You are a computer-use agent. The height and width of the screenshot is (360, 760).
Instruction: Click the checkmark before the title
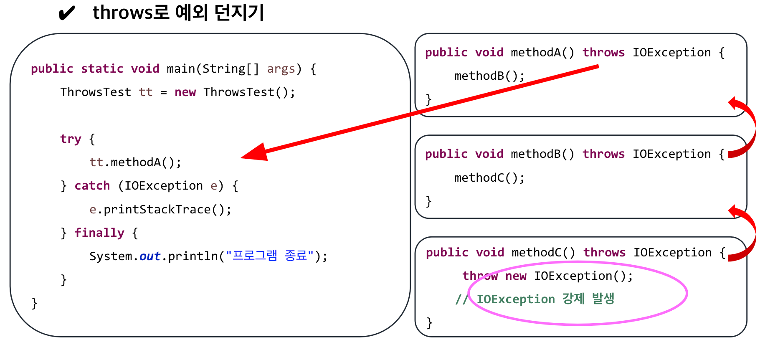tap(66, 13)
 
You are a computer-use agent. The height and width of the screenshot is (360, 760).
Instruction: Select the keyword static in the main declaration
tap(102, 68)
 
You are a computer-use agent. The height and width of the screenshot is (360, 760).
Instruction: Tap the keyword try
tap(71, 139)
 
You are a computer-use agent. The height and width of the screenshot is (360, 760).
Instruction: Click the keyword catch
tap(92, 185)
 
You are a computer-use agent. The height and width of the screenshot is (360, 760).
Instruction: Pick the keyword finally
tap(99, 233)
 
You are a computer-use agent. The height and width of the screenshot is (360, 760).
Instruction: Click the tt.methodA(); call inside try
tap(135, 162)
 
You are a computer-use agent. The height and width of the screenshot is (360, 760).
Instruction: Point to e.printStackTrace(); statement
tap(160, 209)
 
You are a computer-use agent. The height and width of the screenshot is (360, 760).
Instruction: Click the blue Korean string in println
tap(270, 256)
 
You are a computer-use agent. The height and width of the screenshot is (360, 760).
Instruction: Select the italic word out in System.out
tap(149, 256)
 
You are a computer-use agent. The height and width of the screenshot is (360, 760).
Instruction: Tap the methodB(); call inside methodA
tap(489, 76)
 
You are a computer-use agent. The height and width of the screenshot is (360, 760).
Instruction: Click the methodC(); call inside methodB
tap(489, 178)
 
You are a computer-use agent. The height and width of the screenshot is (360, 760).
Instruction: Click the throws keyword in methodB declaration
tap(603, 154)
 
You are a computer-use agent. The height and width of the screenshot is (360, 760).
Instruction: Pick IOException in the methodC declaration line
tap(672, 253)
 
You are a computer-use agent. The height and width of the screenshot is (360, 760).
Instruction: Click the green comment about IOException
tap(545, 299)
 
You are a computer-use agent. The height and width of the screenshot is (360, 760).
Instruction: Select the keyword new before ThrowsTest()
tap(185, 92)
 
